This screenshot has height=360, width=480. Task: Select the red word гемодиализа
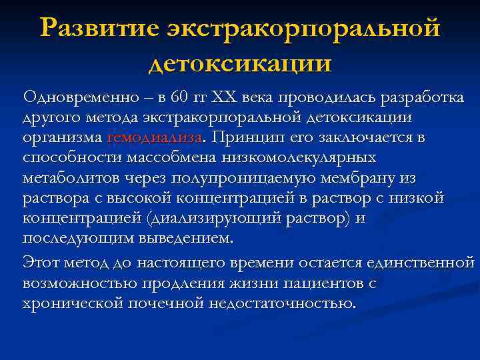click(x=154, y=138)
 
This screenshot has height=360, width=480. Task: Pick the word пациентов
click(x=322, y=283)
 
